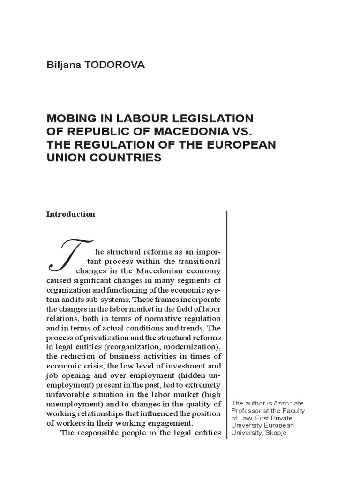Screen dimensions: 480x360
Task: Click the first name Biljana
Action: click(x=62, y=65)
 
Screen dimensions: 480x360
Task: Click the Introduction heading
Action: click(x=71, y=214)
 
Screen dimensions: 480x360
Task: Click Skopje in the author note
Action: click(x=275, y=433)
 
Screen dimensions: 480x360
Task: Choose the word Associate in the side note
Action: click(x=288, y=403)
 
